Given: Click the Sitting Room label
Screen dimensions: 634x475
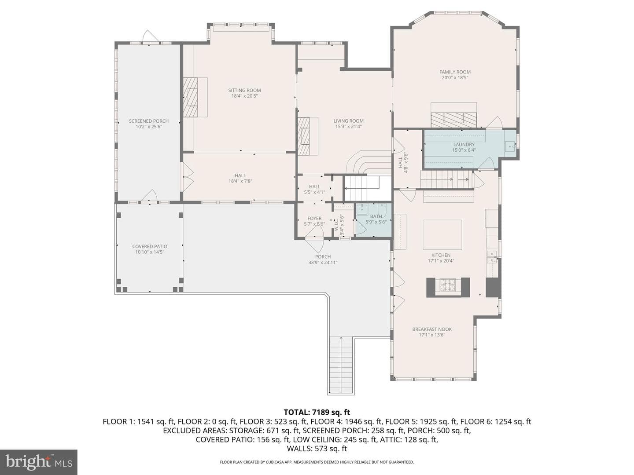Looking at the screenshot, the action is click(x=244, y=90).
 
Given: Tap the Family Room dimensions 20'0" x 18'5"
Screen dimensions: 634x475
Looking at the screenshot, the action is click(x=455, y=77).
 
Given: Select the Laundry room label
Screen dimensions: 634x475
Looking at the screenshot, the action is click(x=464, y=145).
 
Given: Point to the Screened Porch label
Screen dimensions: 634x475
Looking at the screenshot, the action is click(x=149, y=121).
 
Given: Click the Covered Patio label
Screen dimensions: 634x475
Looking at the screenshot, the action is click(x=150, y=246).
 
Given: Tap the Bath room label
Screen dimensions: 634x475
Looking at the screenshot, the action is click(x=376, y=216).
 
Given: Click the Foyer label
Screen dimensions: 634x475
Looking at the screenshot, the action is click(x=314, y=218).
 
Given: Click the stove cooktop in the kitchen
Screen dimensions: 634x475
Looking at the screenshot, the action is click(x=448, y=285).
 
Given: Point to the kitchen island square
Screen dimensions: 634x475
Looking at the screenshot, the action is click(x=442, y=235).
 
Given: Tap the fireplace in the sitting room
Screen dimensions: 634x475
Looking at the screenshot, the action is click(x=190, y=97).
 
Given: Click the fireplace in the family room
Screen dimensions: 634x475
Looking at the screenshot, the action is click(x=454, y=120).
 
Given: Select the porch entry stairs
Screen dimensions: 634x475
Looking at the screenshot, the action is click(x=341, y=365).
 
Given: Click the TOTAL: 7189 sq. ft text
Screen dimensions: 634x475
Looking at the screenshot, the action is click(x=317, y=412).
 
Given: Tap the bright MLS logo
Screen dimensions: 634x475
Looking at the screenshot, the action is click(x=39, y=462).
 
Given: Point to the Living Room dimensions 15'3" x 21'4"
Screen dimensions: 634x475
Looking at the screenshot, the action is click(x=348, y=126).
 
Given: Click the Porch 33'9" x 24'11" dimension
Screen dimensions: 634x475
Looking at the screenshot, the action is click(x=323, y=263).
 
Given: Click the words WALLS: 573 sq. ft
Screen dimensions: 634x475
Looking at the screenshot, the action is click(x=317, y=449).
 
